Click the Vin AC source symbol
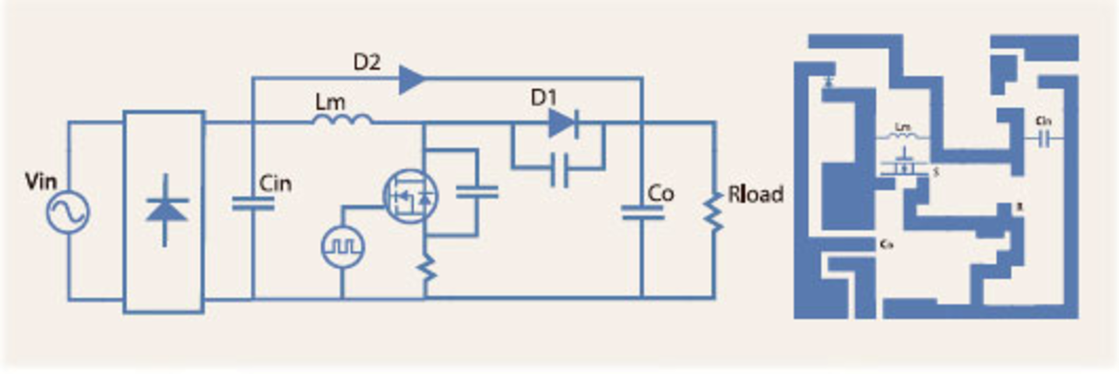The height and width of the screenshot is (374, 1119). tap(68, 212)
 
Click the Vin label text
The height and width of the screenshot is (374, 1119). tap(41, 181)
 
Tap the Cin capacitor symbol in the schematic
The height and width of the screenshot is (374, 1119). tap(252, 204)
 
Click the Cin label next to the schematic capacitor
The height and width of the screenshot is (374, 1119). tap(275, 184)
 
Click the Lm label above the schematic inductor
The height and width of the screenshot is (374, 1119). tap(330, 103)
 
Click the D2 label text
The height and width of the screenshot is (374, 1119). tap(367, 62)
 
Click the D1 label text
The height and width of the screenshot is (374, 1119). tap(543, 98)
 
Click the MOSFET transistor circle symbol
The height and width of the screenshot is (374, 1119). tap(410, 197)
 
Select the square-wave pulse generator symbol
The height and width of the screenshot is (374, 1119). tap(343, 246)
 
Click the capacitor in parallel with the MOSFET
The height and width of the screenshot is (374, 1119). tap(477, 192)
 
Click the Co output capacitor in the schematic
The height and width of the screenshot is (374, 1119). tap(642, 213)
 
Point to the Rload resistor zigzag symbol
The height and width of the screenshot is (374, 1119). tap(712, 213)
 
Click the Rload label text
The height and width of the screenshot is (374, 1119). tap(755, 194)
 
